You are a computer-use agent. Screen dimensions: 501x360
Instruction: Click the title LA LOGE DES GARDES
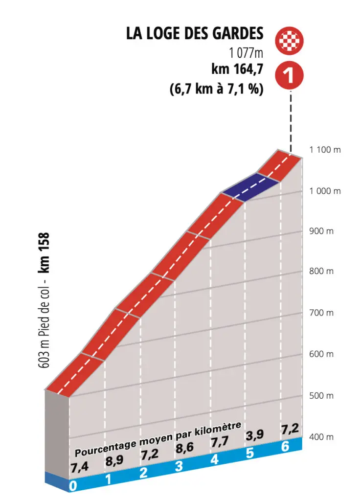(x=195, y=33)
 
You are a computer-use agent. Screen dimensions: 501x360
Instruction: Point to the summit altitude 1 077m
(x=245, y=52)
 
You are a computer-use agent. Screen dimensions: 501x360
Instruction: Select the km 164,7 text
(x=238, y=69)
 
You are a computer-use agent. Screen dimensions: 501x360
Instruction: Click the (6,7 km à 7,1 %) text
(x=217, y=90)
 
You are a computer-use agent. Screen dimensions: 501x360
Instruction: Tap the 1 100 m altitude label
(x=325, y=150)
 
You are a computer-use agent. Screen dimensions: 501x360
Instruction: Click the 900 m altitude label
(x=321, y=231)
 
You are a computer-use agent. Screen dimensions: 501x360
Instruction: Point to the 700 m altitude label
(x=321, y=313)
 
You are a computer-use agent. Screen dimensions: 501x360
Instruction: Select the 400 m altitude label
(x=321, y=436)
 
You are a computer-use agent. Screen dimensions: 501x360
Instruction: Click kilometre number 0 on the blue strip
(x=73, y=486)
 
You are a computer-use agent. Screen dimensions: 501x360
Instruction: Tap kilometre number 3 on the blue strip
(x=179, y=466)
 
